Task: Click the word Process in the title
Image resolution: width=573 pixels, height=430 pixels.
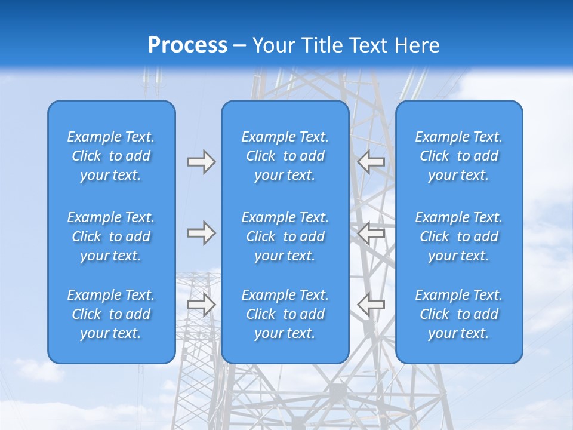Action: pos(187,45)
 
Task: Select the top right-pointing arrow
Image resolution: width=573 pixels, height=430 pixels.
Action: pos(202,162)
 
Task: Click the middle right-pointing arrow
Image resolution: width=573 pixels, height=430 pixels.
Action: pos(202,233)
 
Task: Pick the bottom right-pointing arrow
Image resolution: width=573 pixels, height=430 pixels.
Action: pos(202,305)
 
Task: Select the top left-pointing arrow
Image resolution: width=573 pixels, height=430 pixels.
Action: pos(371,162)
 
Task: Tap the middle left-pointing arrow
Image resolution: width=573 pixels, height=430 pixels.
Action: pos(371,233)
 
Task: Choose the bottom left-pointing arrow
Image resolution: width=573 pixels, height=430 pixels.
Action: pos(371,305)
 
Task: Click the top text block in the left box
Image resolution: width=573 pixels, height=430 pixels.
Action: pos(111,156)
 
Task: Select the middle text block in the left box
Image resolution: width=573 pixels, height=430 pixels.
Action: pos(111,236)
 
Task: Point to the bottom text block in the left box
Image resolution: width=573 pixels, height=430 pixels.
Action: pos(111,314)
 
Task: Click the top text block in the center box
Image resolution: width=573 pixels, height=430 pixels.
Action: pos(285,156)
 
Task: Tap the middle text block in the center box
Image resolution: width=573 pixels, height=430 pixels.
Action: pos(285,236)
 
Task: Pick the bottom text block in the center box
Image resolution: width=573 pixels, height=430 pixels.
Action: pos(285,314)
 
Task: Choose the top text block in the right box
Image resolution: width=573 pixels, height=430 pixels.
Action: pos(459,156)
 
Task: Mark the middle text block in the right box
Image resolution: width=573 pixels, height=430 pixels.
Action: pos(459,236)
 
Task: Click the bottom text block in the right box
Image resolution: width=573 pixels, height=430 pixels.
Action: pos(459,314)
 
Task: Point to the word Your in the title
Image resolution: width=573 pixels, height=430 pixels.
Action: pos(273,45)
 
